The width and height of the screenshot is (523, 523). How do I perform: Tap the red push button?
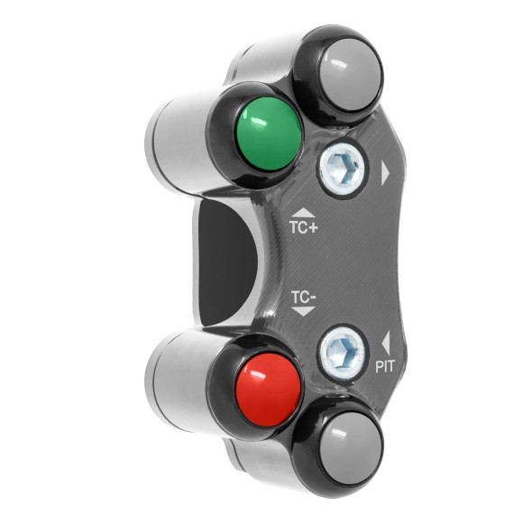click(x=268, y=387)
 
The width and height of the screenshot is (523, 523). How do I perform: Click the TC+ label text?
click(x=302, y=229)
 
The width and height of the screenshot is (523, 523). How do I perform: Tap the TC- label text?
click(x=303, y=296)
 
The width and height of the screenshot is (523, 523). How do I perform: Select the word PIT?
click(x=385, y=366)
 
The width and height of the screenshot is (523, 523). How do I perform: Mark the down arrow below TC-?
click(x=303, y=311)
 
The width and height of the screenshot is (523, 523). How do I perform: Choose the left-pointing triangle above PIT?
click(x=386, y=343)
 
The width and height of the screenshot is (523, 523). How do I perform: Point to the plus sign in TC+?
click(x=313, y=229)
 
